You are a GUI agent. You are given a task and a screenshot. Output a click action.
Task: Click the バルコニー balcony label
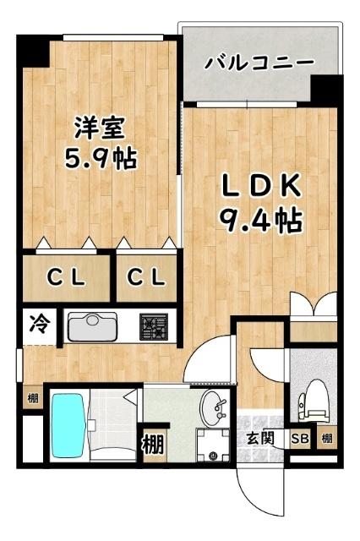click(259, 63)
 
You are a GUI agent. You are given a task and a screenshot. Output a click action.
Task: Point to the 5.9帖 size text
click(100, 159)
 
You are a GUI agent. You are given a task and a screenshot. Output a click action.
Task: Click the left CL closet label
click(65, 276)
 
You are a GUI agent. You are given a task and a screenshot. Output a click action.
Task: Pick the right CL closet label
click(145, 276)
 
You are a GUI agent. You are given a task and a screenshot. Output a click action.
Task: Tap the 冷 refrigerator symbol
click(39, 323)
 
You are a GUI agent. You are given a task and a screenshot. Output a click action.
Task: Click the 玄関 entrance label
click(259, 438)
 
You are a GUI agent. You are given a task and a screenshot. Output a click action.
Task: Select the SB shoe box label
click(299, 438)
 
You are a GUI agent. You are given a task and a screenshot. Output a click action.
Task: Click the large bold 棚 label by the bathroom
click(152, 441)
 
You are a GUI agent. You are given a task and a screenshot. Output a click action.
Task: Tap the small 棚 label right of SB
click(326, 438)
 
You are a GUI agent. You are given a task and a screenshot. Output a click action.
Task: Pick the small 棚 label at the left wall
click(31, 398)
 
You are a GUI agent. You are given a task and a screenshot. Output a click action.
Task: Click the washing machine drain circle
click(212, 455)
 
